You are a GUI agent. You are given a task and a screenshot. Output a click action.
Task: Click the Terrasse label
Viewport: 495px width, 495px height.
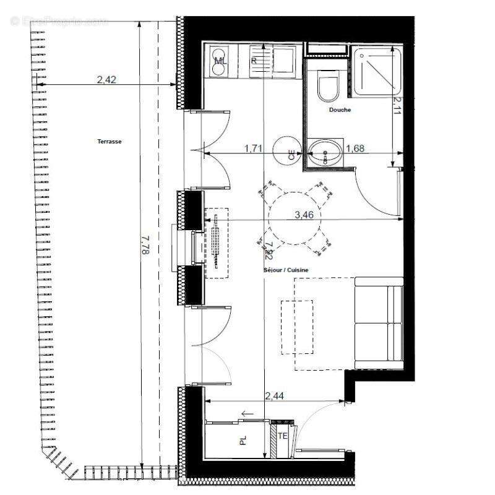(x=110, y=142)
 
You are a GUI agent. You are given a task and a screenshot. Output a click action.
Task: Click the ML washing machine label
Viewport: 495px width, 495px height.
(x=220, y=61)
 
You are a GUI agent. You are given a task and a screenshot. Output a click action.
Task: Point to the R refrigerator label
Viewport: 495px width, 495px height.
(x=254, y=61)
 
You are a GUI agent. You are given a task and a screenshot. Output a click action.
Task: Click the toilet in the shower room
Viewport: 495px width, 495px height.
(x=327, y=87)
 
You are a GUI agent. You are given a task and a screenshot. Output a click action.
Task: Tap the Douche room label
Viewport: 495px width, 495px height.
(x=340, y=110)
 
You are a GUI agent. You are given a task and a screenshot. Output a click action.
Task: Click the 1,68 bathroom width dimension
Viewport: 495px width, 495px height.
(x=355, y=148)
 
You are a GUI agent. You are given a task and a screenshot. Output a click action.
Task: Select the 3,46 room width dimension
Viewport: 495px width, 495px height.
(x=305, y=215)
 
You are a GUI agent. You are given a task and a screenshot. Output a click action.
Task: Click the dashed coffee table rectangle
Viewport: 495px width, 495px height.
(x=297, y=327)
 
